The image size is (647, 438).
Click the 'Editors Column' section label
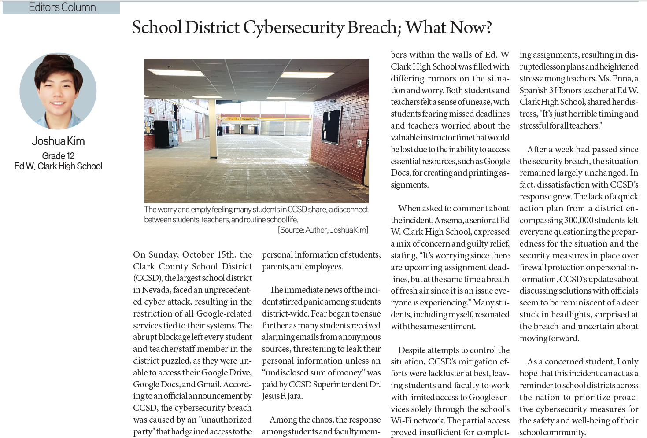point(62,7)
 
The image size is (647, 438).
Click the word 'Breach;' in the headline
point(374,28)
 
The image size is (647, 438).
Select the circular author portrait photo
point(58,92)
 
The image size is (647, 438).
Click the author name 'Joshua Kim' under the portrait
point(58,141)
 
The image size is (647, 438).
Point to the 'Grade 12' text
point(58,156)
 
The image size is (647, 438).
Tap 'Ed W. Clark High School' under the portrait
point(58,166)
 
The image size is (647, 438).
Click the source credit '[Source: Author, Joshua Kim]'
point(323,230)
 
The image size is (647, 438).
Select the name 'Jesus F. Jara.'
point(282,396)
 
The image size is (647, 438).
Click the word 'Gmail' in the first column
point(208,384)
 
